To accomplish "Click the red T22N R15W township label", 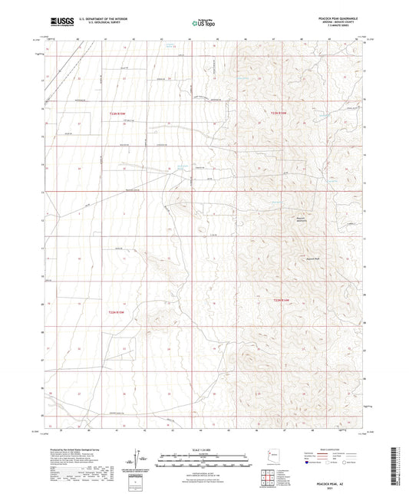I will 116,114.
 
